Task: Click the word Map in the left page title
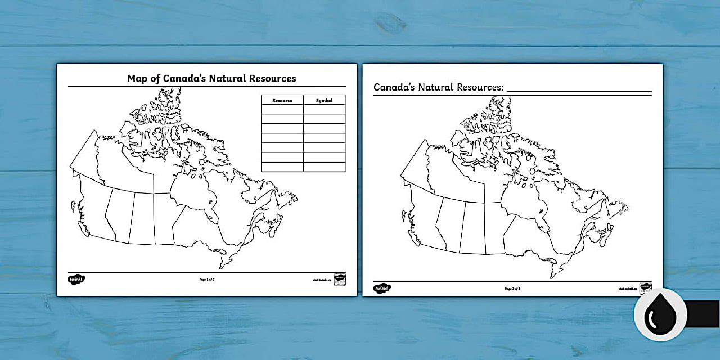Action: (x=138, y=78)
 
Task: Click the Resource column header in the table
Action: (x=282, y=100)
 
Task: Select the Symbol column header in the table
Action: (x=324, y=100)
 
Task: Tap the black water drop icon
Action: (x=660, y=315)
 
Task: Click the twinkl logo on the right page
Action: (x=382, y=288)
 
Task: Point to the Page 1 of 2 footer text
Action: (x=206, y=279)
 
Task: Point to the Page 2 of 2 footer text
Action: (x=512, y=289)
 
